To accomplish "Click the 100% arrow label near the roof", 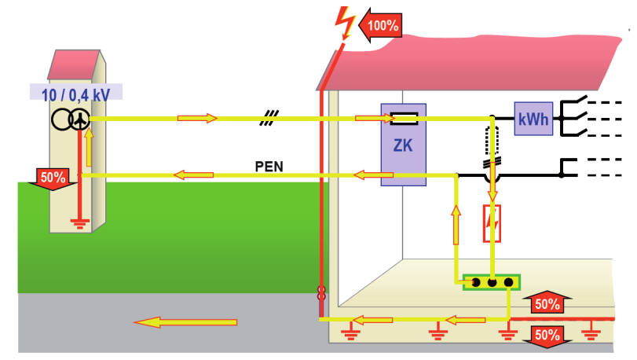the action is (x=381, y=25).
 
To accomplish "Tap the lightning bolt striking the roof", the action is (x=345, y=24).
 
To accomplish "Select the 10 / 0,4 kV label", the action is (x=76, y=95).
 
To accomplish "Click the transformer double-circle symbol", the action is (x=71, y=119).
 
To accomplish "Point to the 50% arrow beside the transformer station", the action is (x=53, y=179).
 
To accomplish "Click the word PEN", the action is (x=269, y=167).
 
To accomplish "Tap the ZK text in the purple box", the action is (x=403, y=145).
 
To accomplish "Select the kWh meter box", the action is (x=533, y=119).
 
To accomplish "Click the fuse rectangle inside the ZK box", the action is (x=404, y=118).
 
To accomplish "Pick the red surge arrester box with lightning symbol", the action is (x=492, y=224).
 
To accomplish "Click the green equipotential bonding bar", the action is (x=492, y=282).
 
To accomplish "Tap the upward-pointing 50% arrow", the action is (x=547, y=303).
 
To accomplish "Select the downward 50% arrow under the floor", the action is (x=547, y=336).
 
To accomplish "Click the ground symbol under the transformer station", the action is (x=79, y=224).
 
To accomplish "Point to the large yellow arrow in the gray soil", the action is (x=185, y=322).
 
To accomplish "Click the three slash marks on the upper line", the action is (x=269, y=118).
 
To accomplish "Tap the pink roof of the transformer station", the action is (x=74, y=64).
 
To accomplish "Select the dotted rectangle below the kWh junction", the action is (x=492, y=141).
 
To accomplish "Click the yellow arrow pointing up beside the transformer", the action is (x=89, y=148).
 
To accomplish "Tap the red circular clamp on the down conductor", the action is (x=321, y=293).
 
